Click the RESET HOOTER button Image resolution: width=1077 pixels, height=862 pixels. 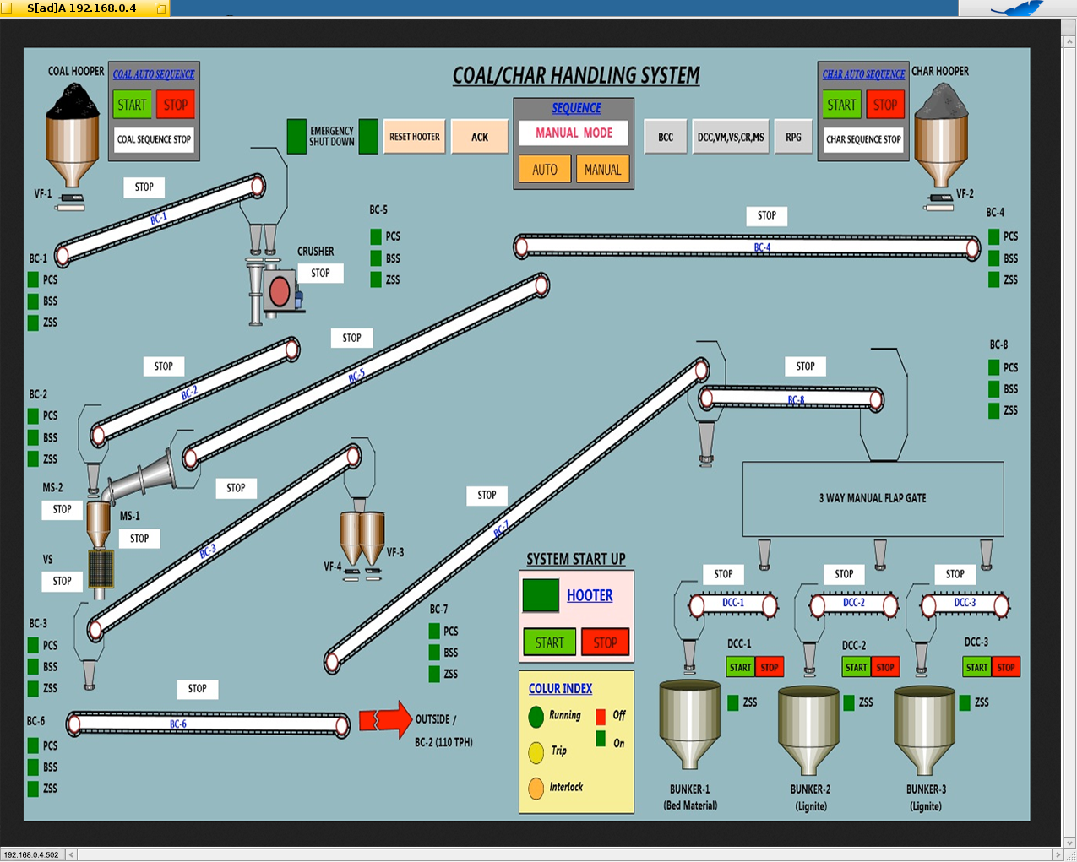(x=414, y=137)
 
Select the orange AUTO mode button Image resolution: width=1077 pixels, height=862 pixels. (x=544, y=170)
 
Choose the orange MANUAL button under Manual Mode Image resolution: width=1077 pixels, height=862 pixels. (x=602, y=170)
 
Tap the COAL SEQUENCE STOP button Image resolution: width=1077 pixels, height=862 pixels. (x=154, y=139)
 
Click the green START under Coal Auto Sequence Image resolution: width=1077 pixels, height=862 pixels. (x=132, y=105)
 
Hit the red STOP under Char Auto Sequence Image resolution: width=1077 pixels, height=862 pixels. (x=885, y=105)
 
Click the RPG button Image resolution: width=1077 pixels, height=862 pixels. (x=793, y=137)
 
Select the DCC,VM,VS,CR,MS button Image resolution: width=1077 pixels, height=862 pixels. (x=731, y=137)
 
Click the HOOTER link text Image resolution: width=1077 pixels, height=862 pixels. (x=590, y=595)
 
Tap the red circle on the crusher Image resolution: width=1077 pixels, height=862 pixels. (x=280, y=293)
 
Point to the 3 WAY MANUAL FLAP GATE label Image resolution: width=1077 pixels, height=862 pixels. (x=873, y=498)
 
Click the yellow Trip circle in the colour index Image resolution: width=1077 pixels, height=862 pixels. (x=536, y=751)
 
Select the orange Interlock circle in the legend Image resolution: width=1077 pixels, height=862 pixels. (x=536, y=788)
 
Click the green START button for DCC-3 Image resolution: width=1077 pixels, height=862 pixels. (x=976, y=667)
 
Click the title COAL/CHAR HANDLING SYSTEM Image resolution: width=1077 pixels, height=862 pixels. (x=576, y=76)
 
